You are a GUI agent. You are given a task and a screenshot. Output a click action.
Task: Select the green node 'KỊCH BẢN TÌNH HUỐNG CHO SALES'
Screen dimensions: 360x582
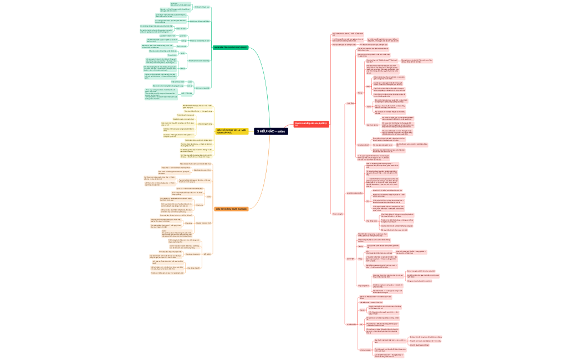point(231,48)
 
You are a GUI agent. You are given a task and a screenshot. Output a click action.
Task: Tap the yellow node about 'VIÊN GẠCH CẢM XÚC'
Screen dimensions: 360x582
point(232,131)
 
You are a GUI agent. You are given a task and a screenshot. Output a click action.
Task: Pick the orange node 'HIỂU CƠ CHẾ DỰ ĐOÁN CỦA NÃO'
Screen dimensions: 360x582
point(231,209)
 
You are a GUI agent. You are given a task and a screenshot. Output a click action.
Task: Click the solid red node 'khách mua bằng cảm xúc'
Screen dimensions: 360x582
point(310,124)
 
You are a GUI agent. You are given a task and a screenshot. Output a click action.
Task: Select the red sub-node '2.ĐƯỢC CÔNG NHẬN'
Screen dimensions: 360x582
point(354,193)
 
